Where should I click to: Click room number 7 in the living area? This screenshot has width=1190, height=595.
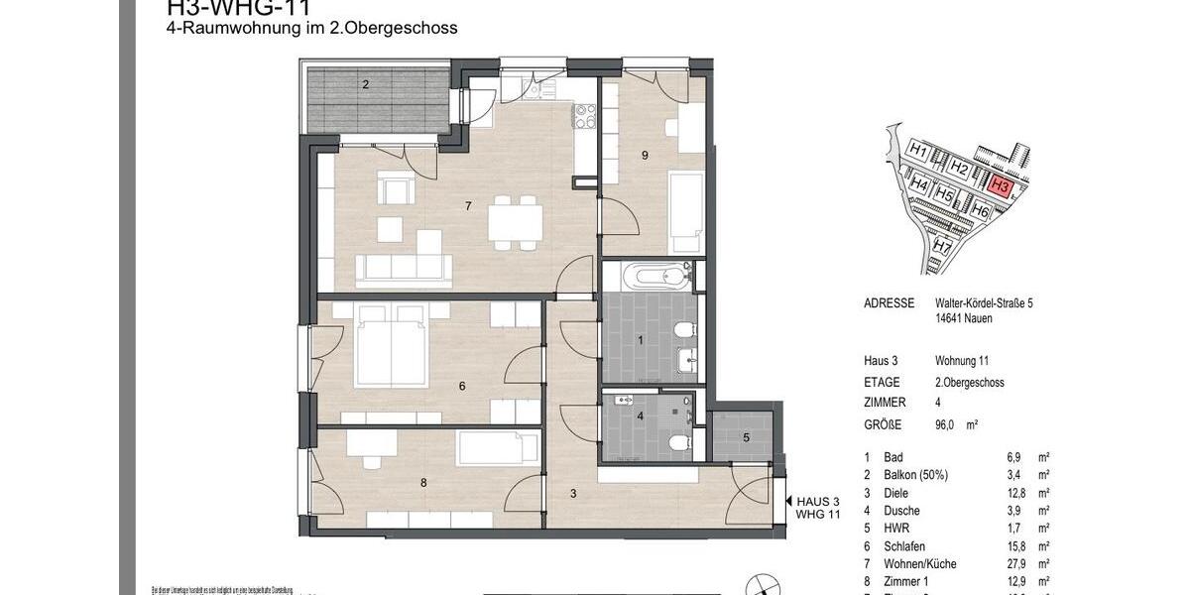tap(467, 206)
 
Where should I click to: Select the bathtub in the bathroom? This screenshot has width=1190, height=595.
tap(660, 275)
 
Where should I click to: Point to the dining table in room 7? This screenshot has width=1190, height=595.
tap(515, 221)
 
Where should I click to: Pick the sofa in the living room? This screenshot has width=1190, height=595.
tap(400, 269)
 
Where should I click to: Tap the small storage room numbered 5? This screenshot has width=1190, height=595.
tap(746, 437)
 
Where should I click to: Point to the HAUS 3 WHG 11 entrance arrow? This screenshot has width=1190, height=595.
tap(788, 502)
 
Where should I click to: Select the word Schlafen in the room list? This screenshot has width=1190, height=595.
tap(888, 545)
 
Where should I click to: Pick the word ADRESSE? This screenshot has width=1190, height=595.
tap(889, 303)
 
